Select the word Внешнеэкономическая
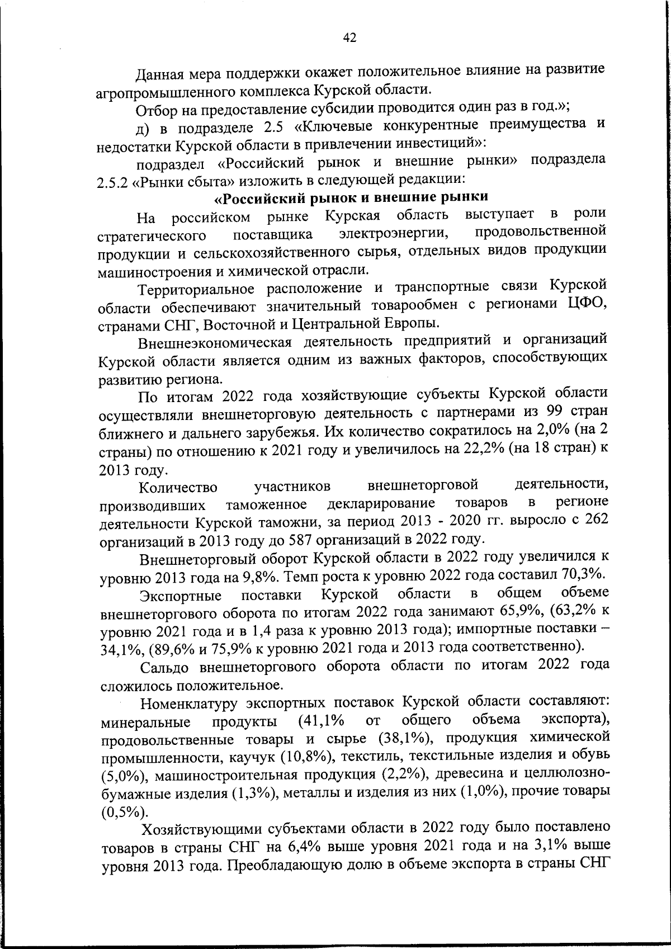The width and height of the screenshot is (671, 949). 215,343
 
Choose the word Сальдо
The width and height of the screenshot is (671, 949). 165,667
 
